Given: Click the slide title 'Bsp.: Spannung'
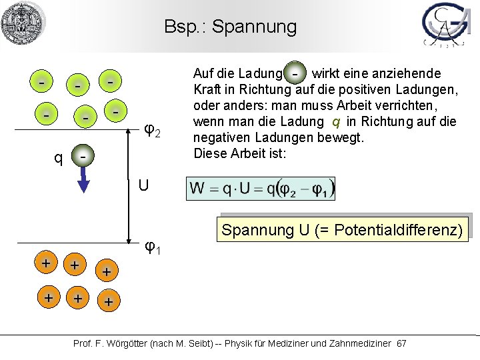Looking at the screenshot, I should click(x=231, y=27).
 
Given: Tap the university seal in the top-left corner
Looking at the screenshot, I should click(x=23, y=23).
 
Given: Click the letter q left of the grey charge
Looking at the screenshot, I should click(x=59, y=158).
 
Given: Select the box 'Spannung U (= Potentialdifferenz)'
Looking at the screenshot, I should click(x=342, y=231).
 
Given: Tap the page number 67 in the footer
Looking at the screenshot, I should click(x=401, y=343).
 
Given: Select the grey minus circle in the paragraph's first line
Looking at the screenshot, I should click(x=295, y=72).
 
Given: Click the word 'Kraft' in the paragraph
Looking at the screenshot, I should click(x=207, y=89).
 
